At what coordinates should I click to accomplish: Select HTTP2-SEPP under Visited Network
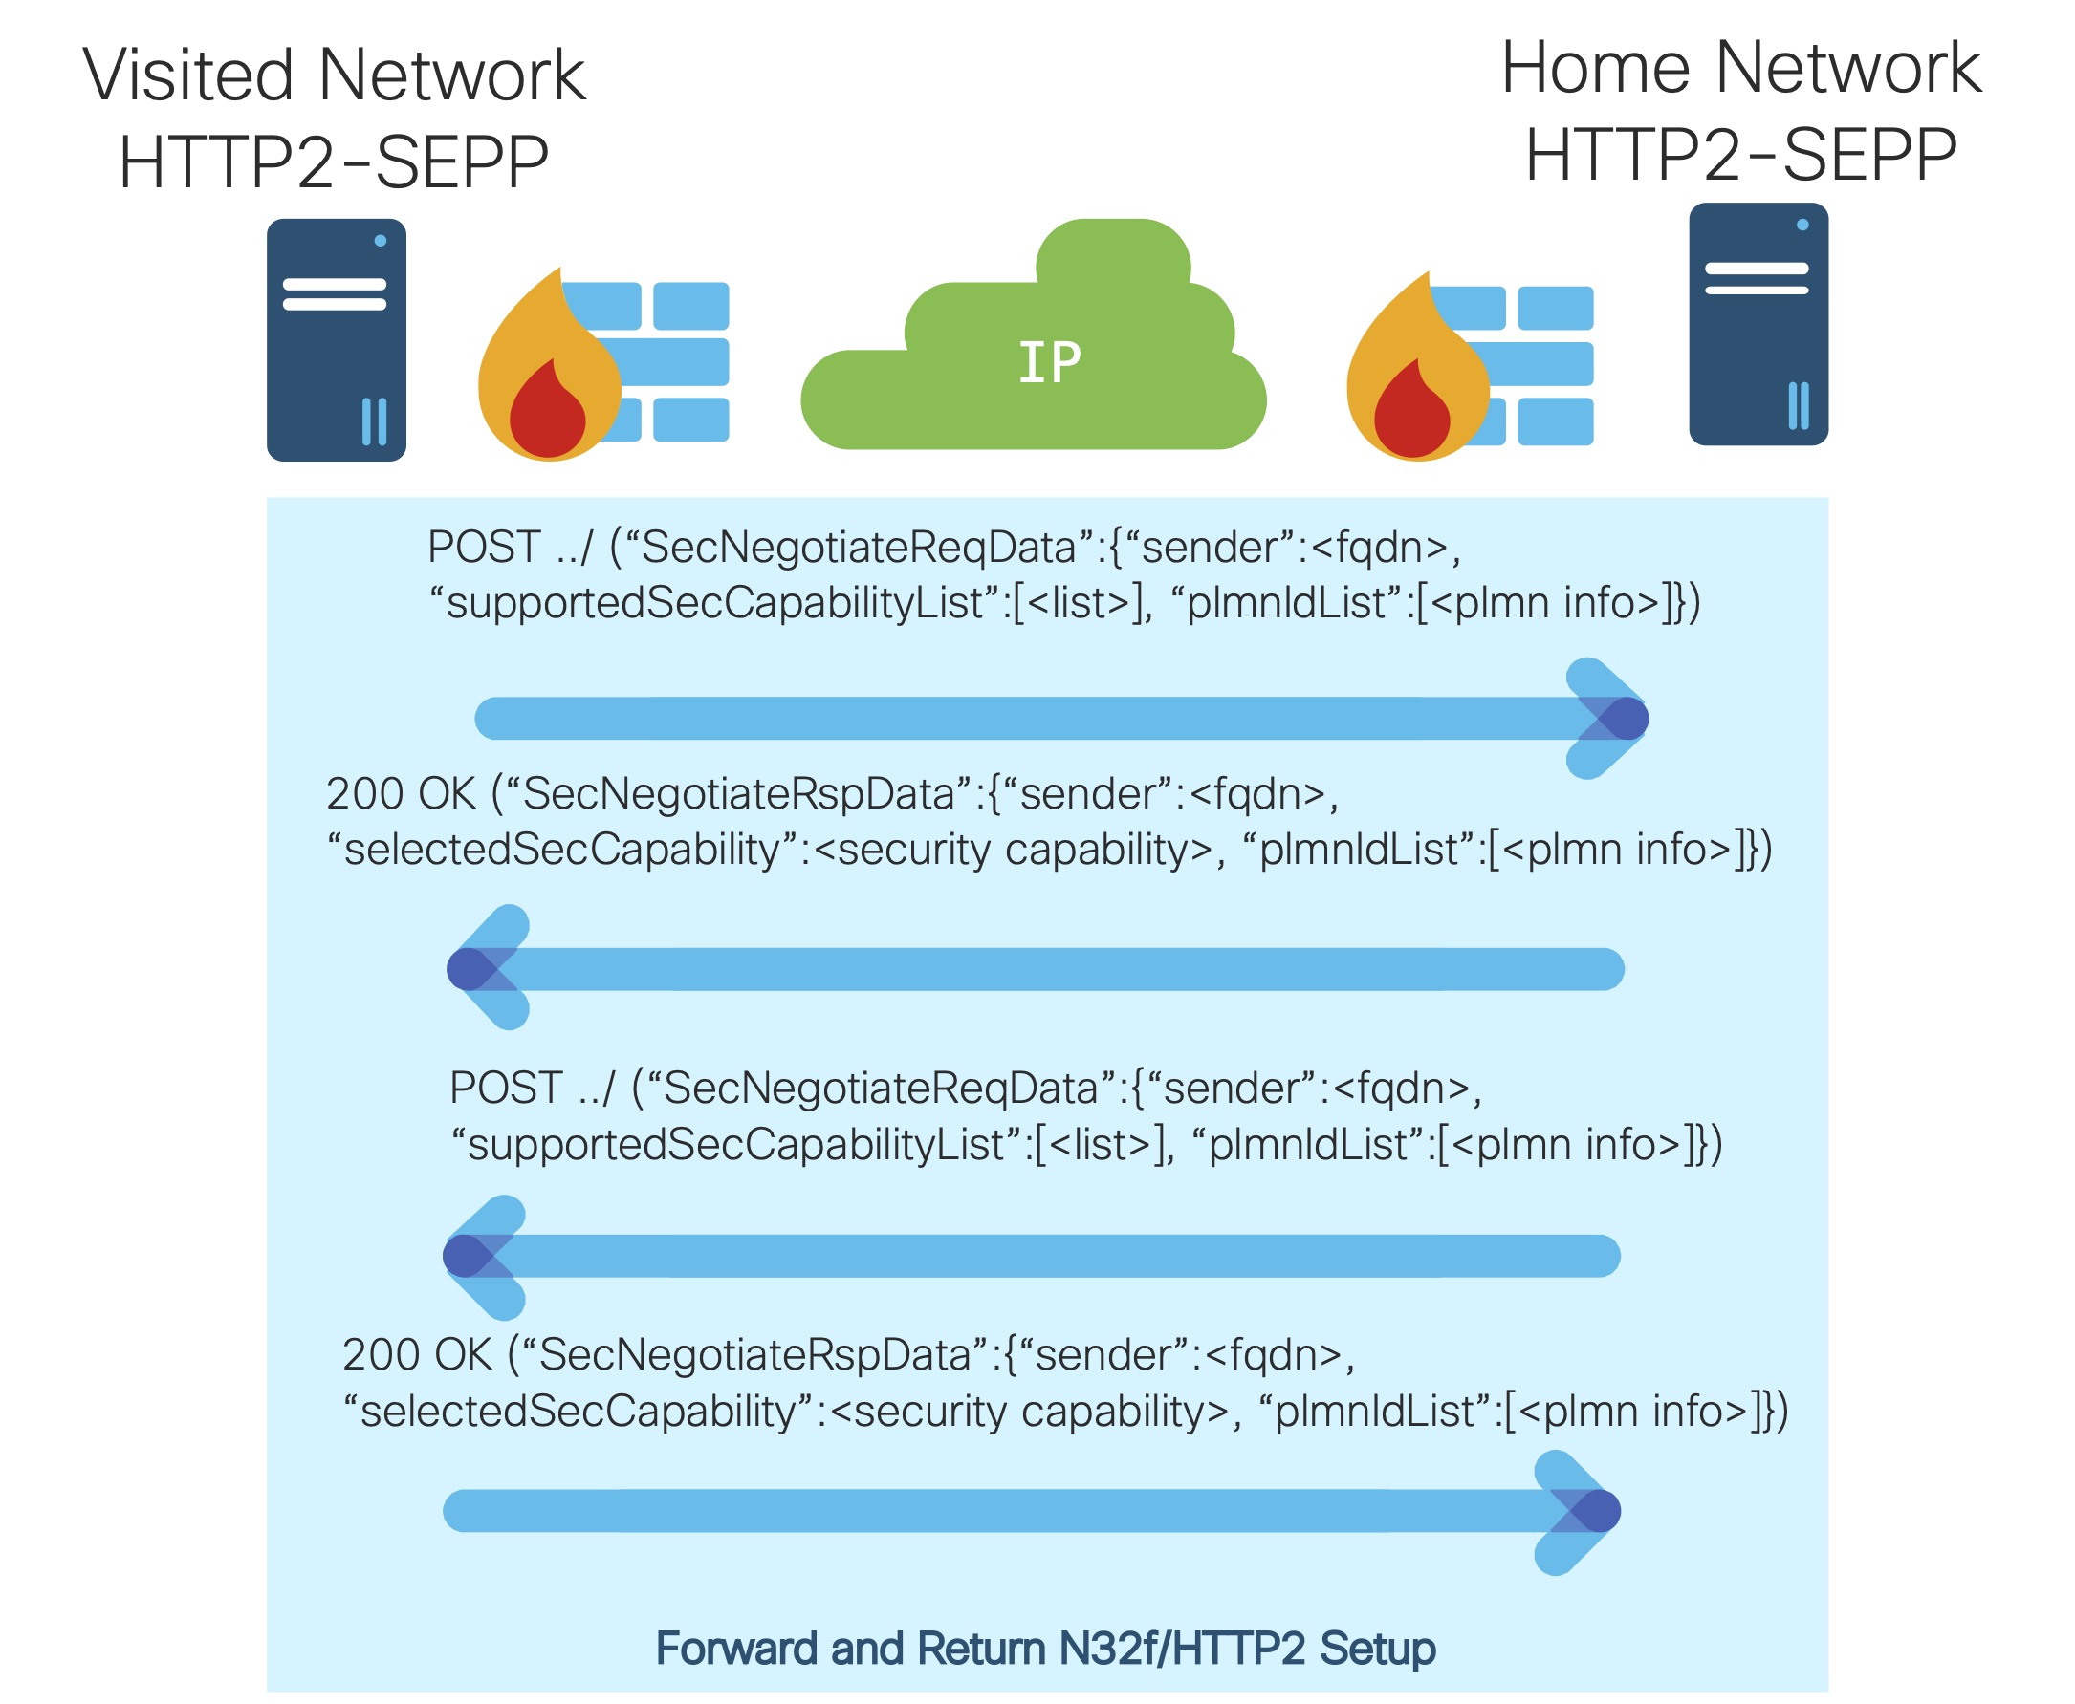pyautogui.click(x=333, y=162)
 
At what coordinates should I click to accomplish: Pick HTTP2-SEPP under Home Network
pyautogui.click(x=1740, y=155)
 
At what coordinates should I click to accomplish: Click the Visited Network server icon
pyautogui.click(x=336, y=339)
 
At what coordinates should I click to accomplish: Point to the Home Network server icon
pyautogui.click(x=1757, y=324)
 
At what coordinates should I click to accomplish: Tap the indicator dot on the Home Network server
pyautogui.click(x=1802, y=225)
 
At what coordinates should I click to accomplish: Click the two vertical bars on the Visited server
pyautogui.click(x=374, y=421)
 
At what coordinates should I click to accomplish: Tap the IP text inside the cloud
pyautogui.click(x=1049, y=363)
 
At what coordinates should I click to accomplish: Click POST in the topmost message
pyautogui.click(x=484, y=547)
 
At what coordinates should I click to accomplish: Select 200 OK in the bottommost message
pyautogui.click(x=416, y=1354)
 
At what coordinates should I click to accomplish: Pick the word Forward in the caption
pyautogui.click(x=736, y=1648)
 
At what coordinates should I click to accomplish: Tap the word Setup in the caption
pyautogui.click(x=1377, y=1648)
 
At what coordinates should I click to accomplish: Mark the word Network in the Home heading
pyautogui.click(x=1848, y=68)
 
